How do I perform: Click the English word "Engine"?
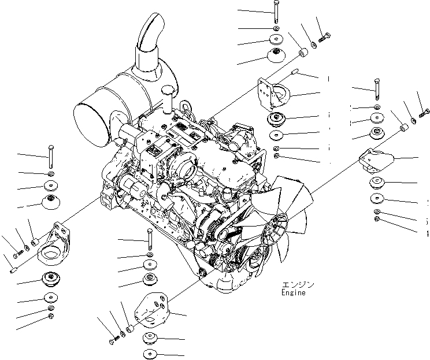tap(294, 292)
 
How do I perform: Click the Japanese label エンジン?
tap(298, 284)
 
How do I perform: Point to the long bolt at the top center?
tap(276, 12)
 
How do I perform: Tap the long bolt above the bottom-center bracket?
tap(149, 238)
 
